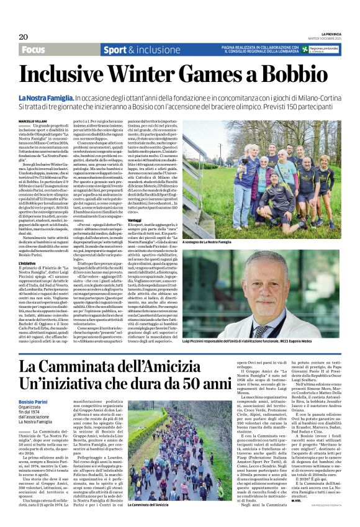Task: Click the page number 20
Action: pos(23,37)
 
